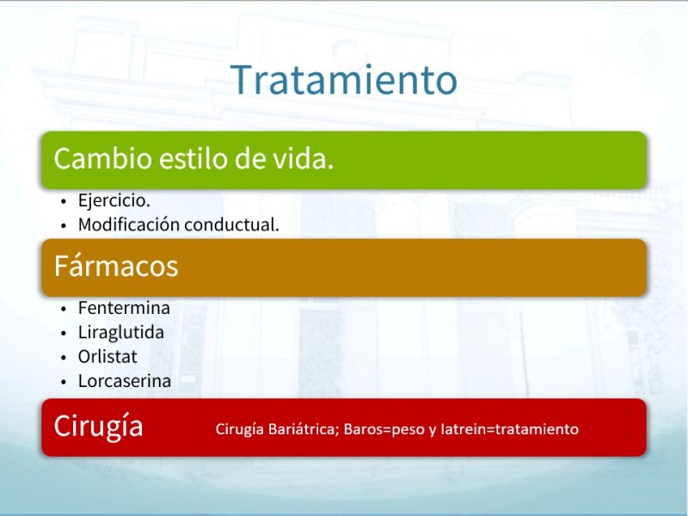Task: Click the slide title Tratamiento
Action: tap(343, 79)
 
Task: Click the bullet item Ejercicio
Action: tap(114, 200)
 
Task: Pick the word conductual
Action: tap(231, 224)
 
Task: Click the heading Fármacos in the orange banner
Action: tap(116, 266)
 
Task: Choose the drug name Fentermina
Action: tap(124, 308)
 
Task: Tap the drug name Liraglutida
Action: tap(121, 333)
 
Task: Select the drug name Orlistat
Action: tap(107, 357)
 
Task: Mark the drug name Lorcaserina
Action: tap(125, 381)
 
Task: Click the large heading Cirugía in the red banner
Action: tap(98, 426)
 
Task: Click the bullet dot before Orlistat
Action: tap(64, 358)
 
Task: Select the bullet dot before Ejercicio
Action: tap(64, 201)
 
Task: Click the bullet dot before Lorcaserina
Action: tap(64, 382)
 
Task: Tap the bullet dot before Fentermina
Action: tap(64, 309)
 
